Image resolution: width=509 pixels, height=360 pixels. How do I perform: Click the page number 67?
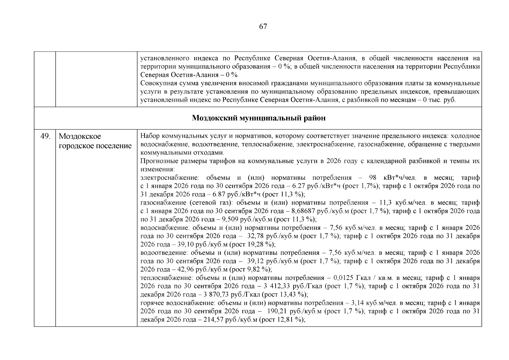pyautogui.click(x=263, y=27)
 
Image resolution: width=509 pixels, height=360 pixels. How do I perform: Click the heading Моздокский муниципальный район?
pyautogui.click(x=259, y=118)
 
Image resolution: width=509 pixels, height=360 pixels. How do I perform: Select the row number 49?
pyautogui.click(x=45, y=136)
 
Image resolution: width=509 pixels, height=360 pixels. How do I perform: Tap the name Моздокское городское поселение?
pyautogui.click(x=95, y=141)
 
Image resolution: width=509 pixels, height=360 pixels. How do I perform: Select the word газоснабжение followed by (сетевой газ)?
pyautogui.click(x=160, y=203)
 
